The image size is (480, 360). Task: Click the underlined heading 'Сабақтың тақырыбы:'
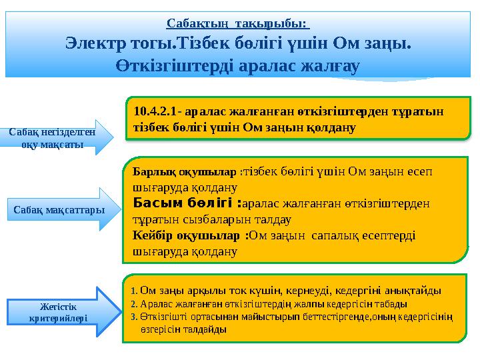237,24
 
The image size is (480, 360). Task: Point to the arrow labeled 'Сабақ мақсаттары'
58,209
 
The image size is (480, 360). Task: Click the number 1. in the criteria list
134,291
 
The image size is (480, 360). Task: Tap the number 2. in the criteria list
135,303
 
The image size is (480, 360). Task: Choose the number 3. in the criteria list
135,316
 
